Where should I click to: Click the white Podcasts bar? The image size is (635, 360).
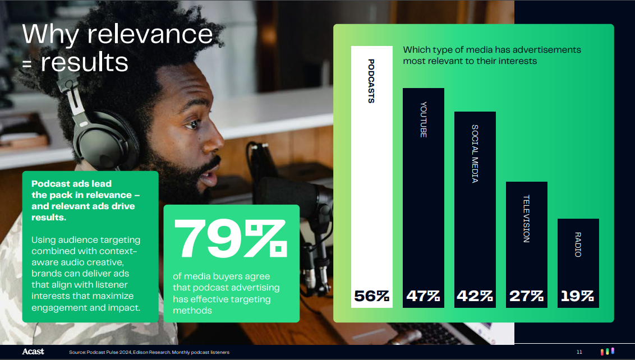pos(372,177)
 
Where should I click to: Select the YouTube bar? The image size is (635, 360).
pos(423,197)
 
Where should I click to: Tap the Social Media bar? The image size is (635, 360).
pos(475,209)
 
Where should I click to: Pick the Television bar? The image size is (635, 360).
pos(527,244)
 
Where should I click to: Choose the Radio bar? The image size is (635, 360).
pos(578,263)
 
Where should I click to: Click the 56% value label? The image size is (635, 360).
pos(372,296)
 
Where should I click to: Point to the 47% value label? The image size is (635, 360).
pos(423,296)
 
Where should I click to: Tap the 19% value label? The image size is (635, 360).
pos(577,296)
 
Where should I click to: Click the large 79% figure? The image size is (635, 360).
pos(231,238)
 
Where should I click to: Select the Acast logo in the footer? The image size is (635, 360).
pos(33,352)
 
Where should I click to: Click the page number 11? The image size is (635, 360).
pos(579,352)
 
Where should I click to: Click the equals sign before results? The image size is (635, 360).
pos(27,64)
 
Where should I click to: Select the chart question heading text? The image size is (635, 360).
pos(491,55)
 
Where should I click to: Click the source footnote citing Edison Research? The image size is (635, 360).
pos(149,352)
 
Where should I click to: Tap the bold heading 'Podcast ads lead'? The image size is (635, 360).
pos(72,184)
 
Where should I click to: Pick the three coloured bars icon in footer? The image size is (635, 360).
pos(607,352)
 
